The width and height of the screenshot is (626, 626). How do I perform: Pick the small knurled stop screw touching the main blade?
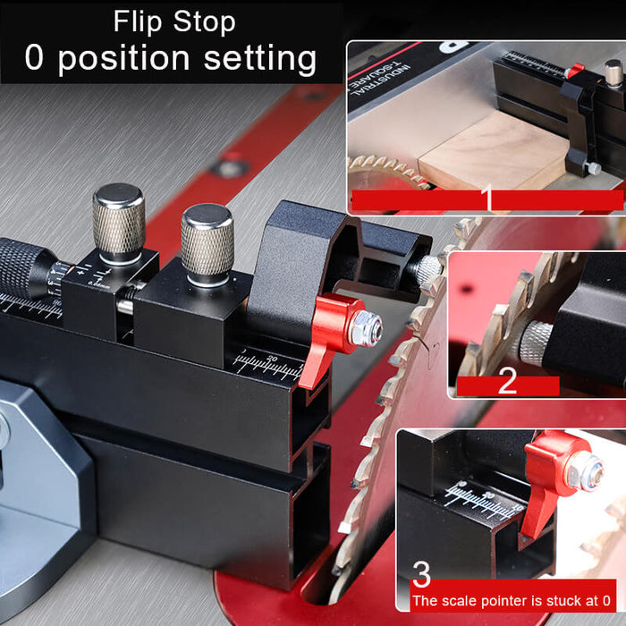pos(428,267)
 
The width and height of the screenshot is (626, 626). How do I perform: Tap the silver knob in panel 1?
pos(613,72)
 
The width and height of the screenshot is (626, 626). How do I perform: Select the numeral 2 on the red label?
pos(507,385)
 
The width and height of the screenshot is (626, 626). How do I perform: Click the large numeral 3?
pos(421,573)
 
